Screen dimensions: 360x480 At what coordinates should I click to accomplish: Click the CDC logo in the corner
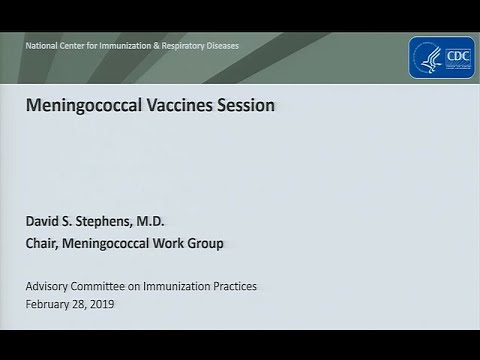tap(440, 58)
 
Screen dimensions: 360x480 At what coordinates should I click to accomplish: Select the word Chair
tap(44, 243)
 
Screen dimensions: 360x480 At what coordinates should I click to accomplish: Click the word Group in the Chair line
tap(207, 243)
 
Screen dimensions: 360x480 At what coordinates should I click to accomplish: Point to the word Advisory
tap(49, 286)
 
